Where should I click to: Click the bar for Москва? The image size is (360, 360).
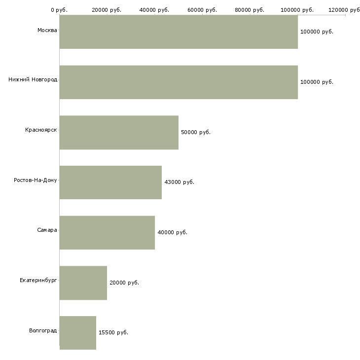(x=179, y=32)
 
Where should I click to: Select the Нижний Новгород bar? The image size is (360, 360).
(x=179, y=82)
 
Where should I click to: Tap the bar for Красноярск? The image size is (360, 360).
(x=119, y=132)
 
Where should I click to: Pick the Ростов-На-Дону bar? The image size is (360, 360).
(x=110, y=182)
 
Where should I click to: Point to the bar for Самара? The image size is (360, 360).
(x=107, y=232)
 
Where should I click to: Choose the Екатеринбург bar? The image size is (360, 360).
(x=83, y=283)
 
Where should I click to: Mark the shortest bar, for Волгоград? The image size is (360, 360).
(x=78, y=332)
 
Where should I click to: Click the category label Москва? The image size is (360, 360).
(x=47, y=31)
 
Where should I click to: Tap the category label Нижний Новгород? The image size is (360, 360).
(x=33, y=79)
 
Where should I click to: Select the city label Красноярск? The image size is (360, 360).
(x=41, y=130)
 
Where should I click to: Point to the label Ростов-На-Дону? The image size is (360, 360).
(x=36, y=180)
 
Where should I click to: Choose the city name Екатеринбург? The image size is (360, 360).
(x=38, y=280)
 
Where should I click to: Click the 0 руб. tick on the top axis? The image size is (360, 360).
(x=59, y=10)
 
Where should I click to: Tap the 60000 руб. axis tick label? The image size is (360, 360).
(x=202, y=10)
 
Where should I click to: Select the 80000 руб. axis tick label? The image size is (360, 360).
(x=250, y=10)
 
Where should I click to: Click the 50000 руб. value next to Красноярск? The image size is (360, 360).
(x=196, y=132)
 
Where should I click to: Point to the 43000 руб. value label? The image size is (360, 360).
(x=179, y=182)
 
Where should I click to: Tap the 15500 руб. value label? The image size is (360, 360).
(x=113, y=332)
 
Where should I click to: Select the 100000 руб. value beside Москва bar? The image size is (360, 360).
(x=317, y=32)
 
